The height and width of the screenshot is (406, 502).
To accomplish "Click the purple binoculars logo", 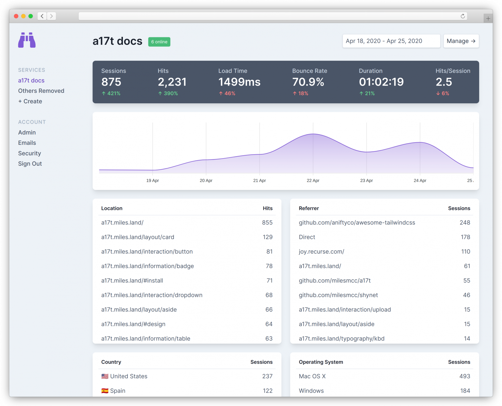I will point(27,40).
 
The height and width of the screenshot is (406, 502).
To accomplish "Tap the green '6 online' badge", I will point(159,42).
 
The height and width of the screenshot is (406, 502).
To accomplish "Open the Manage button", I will point(461,41).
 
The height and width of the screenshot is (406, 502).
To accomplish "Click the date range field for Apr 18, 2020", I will point(391,41).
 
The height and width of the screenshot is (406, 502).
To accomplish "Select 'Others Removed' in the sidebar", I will point(41,91).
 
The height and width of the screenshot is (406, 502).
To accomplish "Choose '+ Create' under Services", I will point(30,101).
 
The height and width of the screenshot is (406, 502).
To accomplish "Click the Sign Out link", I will point(30,164).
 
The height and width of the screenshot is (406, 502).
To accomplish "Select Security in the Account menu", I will point(29,153).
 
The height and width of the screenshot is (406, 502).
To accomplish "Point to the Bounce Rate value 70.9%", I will point(308,82).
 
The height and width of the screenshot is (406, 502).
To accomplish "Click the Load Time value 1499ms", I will point(239,82).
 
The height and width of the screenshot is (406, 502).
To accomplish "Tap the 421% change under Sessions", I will point(111,93).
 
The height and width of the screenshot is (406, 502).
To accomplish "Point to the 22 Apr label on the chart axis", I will point(313,180).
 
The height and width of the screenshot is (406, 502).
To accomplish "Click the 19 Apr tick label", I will point(153,180).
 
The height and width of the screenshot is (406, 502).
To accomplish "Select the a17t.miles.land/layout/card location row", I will point(138,237).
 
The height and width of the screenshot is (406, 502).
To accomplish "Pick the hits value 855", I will point(267,223).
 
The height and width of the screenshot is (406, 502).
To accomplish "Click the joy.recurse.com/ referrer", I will point(321,252).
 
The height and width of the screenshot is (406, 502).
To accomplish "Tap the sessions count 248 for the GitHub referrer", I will point(465,223).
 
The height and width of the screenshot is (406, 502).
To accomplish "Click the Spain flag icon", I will point(105,391).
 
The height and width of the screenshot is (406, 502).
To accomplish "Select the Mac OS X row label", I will point(312,376).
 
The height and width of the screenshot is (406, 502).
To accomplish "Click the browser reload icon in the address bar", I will point(463,16).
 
